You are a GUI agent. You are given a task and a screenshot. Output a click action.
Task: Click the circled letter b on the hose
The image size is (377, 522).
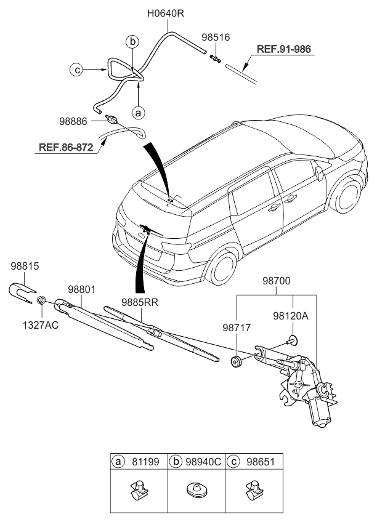pos(132,42)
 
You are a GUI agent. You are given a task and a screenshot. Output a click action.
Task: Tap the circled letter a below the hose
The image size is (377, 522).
pos(139,113)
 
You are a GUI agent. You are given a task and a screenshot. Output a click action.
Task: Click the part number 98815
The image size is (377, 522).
pos(25,266)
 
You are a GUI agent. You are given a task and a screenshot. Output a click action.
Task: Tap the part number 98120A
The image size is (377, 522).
pos(290,315)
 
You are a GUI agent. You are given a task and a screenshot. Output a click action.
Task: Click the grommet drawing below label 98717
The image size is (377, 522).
pos(236,361)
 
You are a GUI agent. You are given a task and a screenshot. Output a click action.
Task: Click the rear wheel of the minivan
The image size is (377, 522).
pos(222,266)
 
